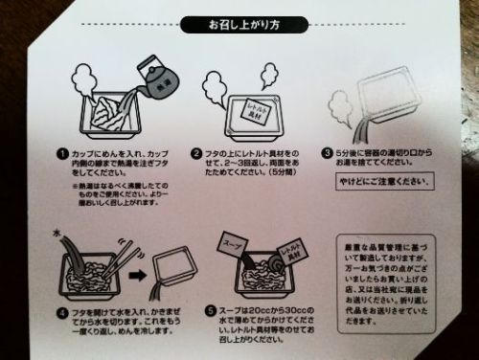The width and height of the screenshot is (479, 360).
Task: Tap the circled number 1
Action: pos(60,153)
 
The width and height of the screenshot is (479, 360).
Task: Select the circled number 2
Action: pos(195,153)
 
